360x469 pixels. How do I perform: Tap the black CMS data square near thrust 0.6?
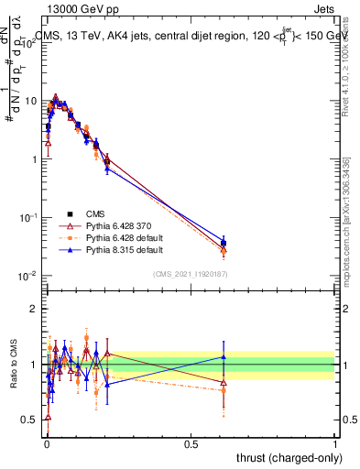click(x=224, y=244)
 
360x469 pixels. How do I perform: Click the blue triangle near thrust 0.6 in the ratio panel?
click(x=224, y=356)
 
